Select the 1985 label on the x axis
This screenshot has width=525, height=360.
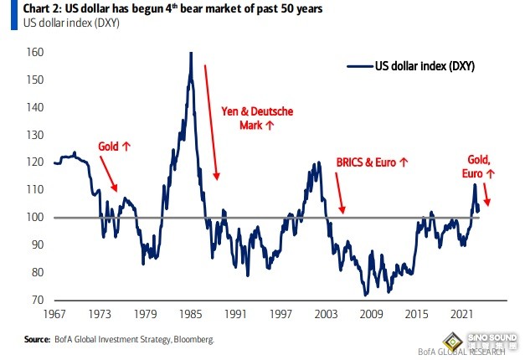pyautogui.click(x=189, y=314)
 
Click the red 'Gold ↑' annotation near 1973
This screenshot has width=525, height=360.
pyautogui.click(x=115, y=146)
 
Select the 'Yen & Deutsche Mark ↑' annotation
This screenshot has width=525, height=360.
pyautogui.click(x=258, y=117)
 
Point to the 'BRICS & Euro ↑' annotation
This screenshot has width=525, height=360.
pyautogui.click(x=371, y=162)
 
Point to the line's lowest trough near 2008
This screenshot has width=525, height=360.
pyautogui.click(x=365, y=295)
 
